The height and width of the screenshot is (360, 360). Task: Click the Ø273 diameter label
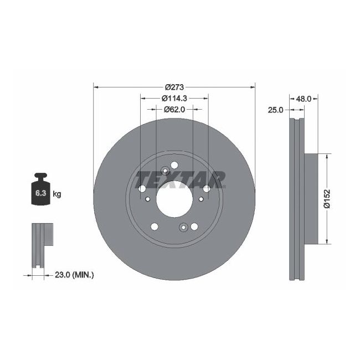pos(174,87)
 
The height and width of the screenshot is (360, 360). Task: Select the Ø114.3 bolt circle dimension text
pos(174,98)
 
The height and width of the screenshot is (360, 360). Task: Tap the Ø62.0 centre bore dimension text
pos(174,109)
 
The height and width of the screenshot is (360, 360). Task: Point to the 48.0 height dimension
pos(303,99)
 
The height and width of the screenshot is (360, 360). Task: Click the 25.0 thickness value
pos(275,110)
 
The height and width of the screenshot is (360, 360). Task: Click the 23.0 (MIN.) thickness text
pos(74,274)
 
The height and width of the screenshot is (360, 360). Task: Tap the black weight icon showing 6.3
pos(40,191)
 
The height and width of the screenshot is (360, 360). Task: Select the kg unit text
pos(57,194)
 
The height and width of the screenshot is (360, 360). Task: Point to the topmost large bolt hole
pos(175,164)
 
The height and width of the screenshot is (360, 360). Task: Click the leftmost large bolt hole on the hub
pos(141,189)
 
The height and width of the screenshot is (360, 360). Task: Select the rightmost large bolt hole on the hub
pos(207,189)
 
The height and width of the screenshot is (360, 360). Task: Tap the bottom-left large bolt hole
pos(154,226)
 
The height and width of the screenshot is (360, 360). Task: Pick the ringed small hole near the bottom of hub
pos(183,227)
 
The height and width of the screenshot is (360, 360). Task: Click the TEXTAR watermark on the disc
pos(181,180)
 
